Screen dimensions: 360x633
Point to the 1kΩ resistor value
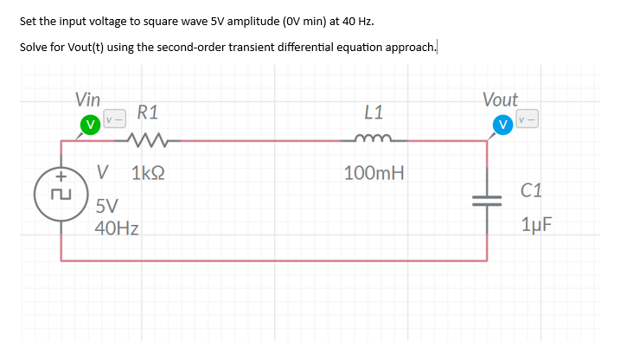(149, 172)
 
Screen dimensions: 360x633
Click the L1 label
(374, 112)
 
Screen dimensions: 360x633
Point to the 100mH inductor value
(374, 172)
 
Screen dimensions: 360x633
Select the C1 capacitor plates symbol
(486, 198)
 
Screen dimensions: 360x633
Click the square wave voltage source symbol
(60, 198)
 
